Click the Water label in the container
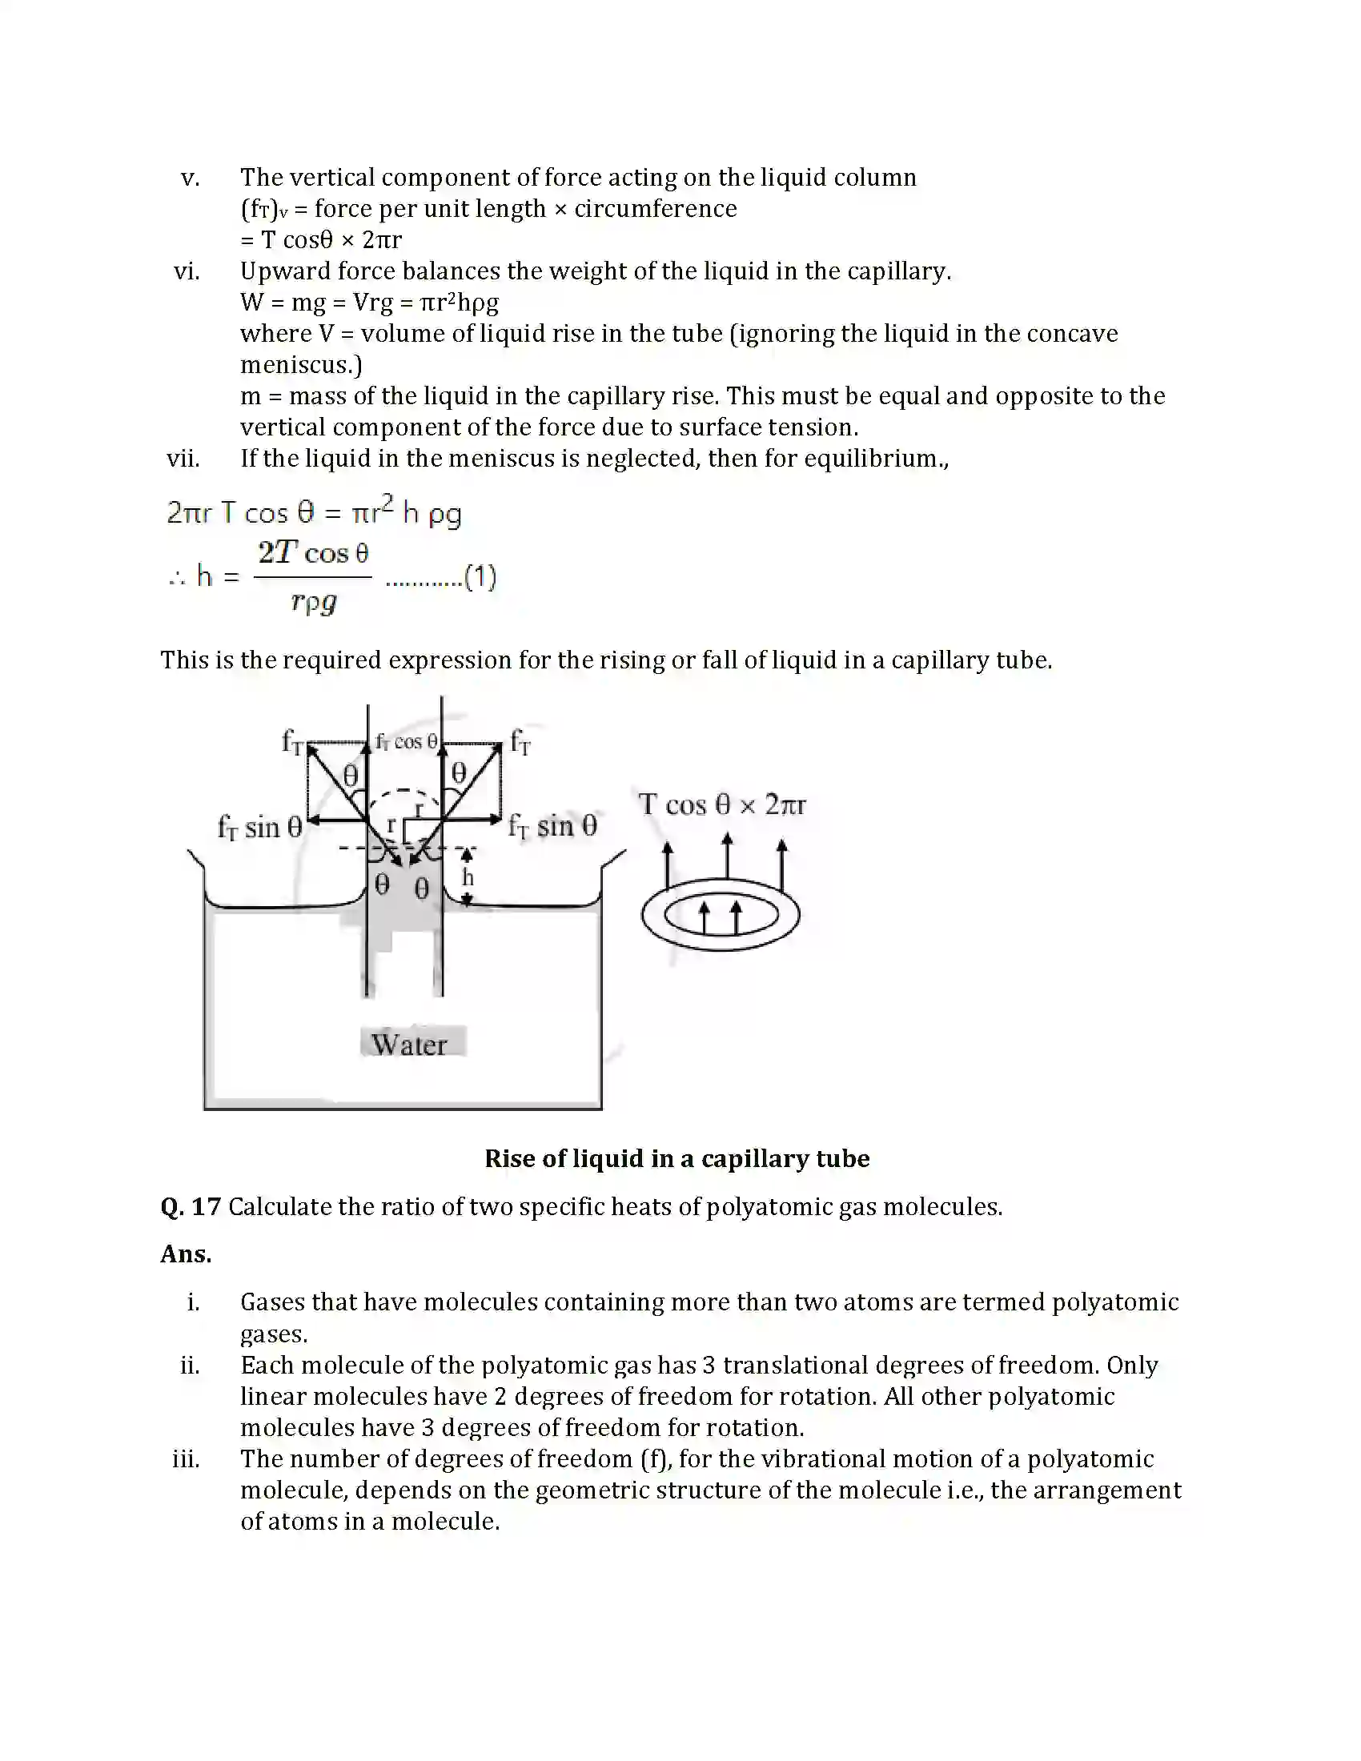[410, 1044]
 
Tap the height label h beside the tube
[468, 878]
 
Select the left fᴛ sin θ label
[259, 828]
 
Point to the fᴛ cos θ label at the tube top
[407, 742]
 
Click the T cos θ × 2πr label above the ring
[721, 804]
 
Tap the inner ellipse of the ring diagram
[720, 916]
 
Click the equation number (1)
[480, 577]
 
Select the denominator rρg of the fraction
[313, 601]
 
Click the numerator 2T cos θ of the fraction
[314, 553]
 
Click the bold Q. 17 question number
[191, 1207]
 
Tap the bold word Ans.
[186, 1254]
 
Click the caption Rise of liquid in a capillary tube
[676, 1159]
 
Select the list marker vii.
[183, 459]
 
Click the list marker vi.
[187, 271]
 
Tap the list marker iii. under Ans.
[187, 1459]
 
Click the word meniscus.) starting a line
[301, 365]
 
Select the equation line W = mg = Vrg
[369, 303]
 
